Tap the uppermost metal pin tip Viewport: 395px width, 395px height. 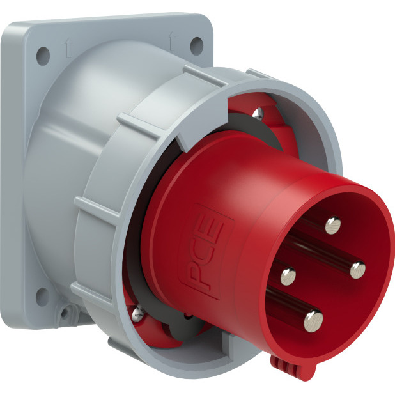click(x=332, y=225)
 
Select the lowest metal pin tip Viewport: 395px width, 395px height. click(x=313, y=321)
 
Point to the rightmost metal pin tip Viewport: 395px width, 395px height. click(x=358, y=270)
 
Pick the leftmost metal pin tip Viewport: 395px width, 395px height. click(x=288, y=276)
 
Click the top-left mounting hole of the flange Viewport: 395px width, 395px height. click(x=43, y=56)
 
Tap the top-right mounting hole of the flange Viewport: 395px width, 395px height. click(x=196, y=46)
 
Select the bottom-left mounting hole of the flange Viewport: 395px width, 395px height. click(x=42, y=297)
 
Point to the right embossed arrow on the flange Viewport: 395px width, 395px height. click(x=172, y=40)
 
